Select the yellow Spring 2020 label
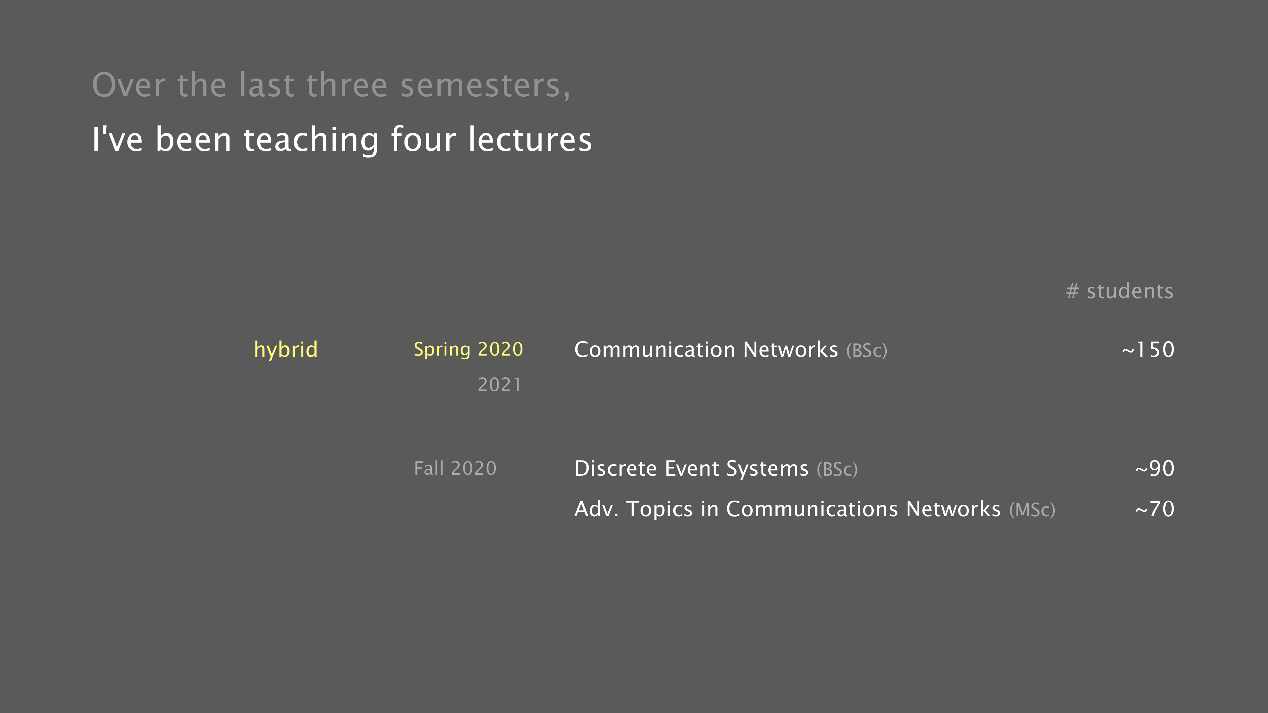(x=468, y=349)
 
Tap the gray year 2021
(x=499, y=384)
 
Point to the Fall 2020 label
(x=455, y=468)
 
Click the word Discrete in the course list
(x=615, y=468)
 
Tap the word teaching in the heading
(x=311, y=140)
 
